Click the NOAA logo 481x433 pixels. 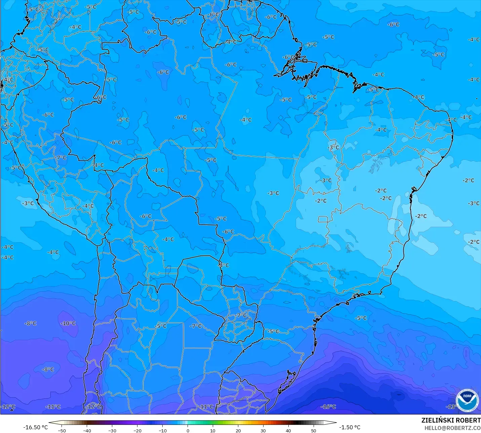tap(467, 400)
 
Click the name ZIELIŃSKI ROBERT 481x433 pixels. tap(451, 420)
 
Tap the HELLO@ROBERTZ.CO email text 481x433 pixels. tap(452, 428)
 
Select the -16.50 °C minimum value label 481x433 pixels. tap(35, 427)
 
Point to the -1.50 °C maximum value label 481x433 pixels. tap(350, 427)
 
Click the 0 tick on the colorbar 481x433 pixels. tap(188, 430)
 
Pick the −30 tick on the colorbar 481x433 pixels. tap(112, 430)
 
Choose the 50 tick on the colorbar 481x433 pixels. tap(313, 430)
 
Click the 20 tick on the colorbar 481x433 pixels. tap(238, 430)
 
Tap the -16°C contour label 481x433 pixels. tap(328, 406)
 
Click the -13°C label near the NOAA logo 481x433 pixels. tap(451, 406)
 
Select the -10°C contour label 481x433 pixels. tap(68, 323)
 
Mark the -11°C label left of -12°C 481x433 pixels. tap(53, 406)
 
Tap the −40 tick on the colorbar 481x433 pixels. tap(87, 430)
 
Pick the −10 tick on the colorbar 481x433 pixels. tap(162, 430)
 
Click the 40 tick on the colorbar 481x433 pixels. tap(288, 430)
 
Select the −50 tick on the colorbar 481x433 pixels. tap(62, 430)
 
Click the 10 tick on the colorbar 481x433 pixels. tap(213, 430)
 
